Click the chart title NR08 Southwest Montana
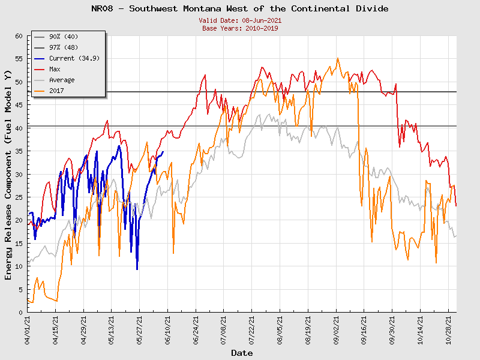click(240, 8)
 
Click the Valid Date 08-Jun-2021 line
click(240, 20)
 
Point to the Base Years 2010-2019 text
click(240, 28)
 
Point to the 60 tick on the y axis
click(18, 36)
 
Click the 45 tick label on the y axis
click(18, 105)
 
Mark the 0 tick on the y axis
click(20, 313)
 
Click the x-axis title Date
click(242, 353)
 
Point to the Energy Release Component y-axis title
click(8, 174)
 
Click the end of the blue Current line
click(163, 152)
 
